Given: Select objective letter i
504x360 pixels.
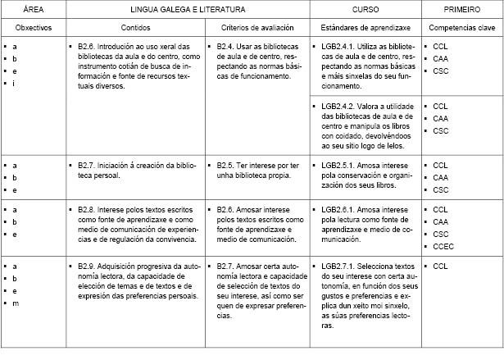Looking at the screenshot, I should coord(14,84).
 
